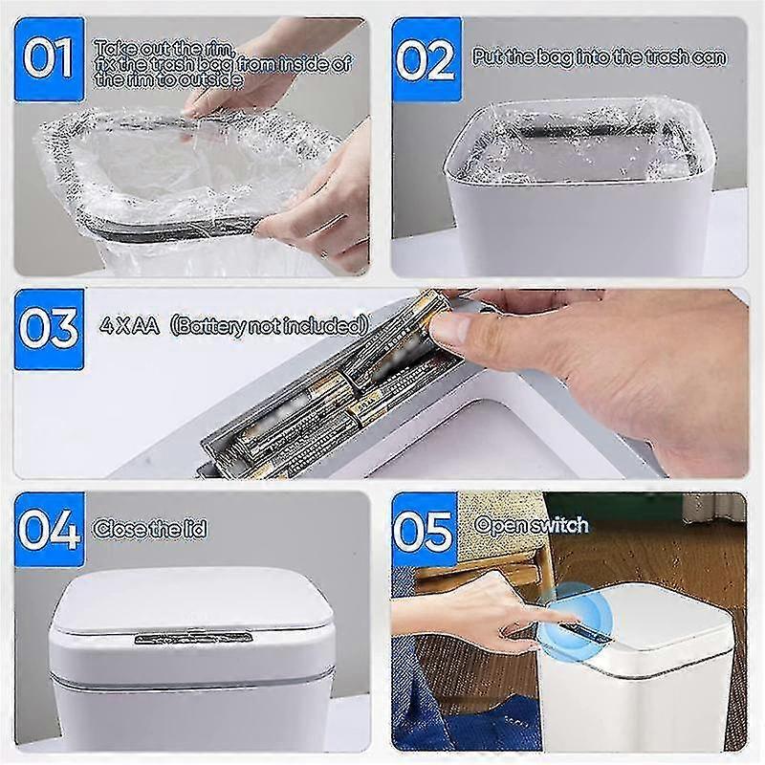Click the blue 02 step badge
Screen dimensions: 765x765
(426, 59)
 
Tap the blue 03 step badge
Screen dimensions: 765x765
(49, 328)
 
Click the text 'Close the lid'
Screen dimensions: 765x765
(149, 528)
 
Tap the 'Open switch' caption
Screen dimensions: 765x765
(532, 525)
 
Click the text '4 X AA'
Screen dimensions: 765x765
(127, 324)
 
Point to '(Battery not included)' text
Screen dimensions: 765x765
(269, 324)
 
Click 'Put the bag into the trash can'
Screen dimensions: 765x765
(600, 57)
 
